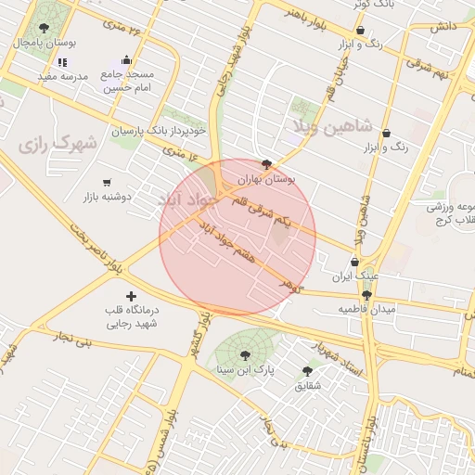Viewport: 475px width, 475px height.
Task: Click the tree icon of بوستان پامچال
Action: pos(44,28)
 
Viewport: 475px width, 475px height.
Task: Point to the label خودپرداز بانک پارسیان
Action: pos(154,131)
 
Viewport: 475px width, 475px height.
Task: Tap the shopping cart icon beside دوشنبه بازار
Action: pos(108,183)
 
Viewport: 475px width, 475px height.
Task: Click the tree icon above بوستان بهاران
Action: pos(267,164)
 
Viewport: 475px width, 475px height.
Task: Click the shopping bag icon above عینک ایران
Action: pos(355,262)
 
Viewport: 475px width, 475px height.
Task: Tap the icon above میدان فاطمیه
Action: pos(366,294)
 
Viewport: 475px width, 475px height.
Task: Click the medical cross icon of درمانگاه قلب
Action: pos(130,296)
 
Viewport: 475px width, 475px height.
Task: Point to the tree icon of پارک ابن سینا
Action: pos(244,354)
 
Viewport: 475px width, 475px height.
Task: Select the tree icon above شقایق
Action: pos(307,369)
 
